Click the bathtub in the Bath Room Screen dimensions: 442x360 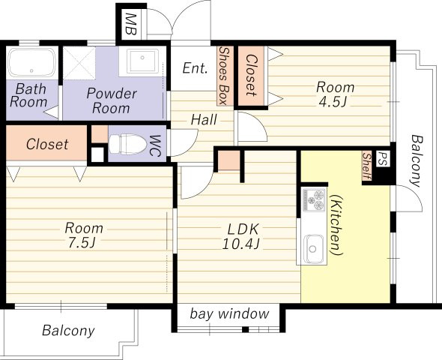pos(31,63)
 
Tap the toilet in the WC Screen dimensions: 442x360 pos(128,144)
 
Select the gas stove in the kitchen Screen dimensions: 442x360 pos(313,200)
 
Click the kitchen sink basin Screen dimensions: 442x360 pos(312,248)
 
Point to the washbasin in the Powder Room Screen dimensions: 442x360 pos(142,61)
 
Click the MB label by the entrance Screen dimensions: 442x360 pos(131,24)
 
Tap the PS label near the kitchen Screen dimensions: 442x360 pos(383,159)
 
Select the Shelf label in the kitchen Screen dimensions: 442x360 pos(366,166)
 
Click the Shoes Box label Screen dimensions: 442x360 pos(224,76)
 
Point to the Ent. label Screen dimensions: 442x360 pos(195,68)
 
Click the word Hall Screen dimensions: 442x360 pos(204,119)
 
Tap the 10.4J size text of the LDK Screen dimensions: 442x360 pos(240,244)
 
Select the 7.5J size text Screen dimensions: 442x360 pos(82,243)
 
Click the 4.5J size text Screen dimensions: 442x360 pos(333,102)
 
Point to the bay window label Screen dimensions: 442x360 pos(229,313)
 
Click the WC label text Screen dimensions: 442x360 pos(155,145)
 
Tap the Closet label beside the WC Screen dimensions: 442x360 pos(47,144)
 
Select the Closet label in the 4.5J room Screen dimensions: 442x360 pos(251,75)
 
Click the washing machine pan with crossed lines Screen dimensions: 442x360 pos(79,63)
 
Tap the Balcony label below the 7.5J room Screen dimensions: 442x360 pos(68,331)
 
